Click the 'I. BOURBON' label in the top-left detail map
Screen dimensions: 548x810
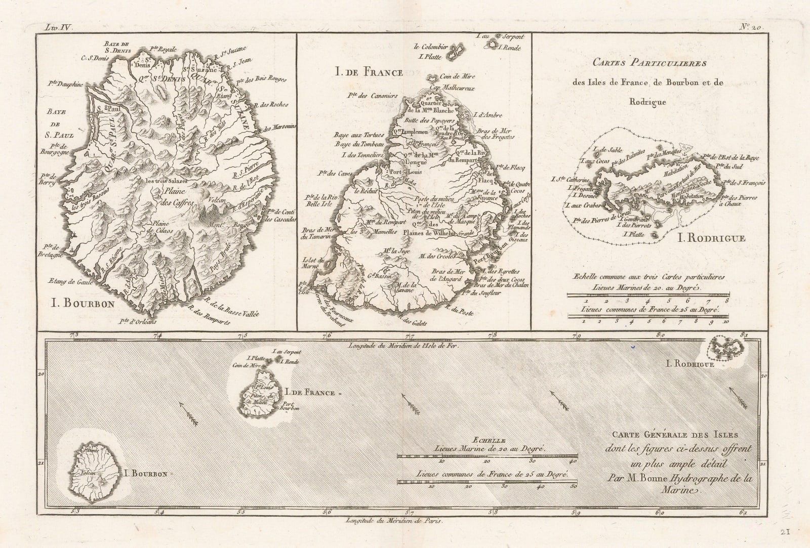pos(83,304)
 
